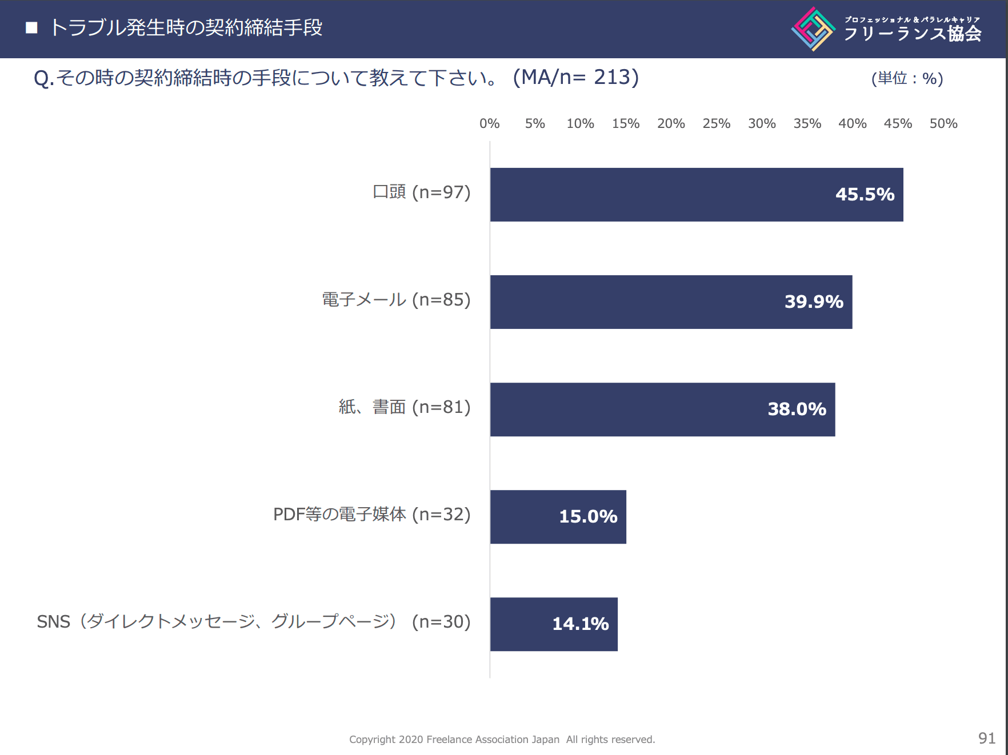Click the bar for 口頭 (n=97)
coord(696,195)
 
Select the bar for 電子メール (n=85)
coord(671,302)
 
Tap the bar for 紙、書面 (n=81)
coord(662,409)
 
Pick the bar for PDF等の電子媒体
coord(558,517)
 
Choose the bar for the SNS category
coord(553,624)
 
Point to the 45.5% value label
coord(865,195)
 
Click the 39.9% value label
coord(814,302)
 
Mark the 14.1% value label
coord(580,624)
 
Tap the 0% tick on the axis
coord(489,124)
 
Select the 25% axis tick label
coord(716,124)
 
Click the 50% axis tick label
coord(943,124)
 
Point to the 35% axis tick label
coord(807,124)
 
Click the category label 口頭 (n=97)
coord(421,192)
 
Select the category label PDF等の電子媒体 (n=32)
coord(371,515)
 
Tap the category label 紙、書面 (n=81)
coord(404,407)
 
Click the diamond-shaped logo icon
coord(813,29)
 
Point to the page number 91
coord(986,738)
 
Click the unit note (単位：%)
coord(907,79)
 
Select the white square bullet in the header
coord(32,28)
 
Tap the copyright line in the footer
coord(502,740)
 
